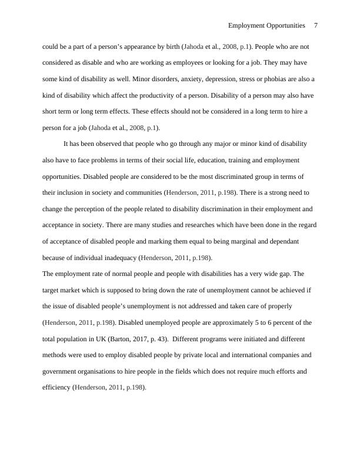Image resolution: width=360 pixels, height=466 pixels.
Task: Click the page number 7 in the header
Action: click(x=316, y=26)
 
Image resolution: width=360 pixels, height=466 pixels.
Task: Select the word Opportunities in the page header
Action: click(x=284, y=26)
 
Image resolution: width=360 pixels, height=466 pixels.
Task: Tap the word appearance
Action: click(x=134, y=46)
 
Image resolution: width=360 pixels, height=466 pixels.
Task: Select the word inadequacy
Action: click(x=118, y=258)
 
